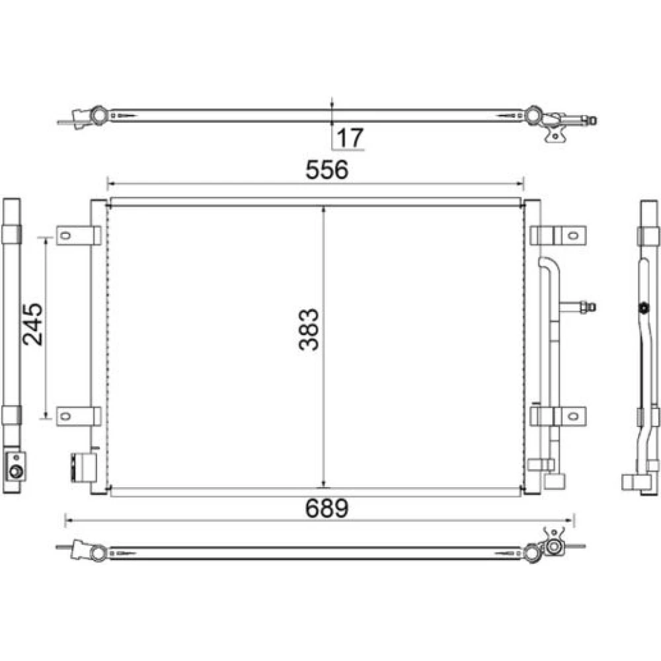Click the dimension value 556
tap(327, 169)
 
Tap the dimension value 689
tap(327, 508)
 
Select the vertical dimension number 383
tap(309, 330)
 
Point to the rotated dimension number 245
tap(33, 324)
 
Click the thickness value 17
tap(350, 137)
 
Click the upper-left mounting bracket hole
tap(65, 235)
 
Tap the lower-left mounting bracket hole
tap(65, 416)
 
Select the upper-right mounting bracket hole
tap(572, 235)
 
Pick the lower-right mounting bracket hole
tap(572, 416)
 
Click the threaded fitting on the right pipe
tap(588, 307)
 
